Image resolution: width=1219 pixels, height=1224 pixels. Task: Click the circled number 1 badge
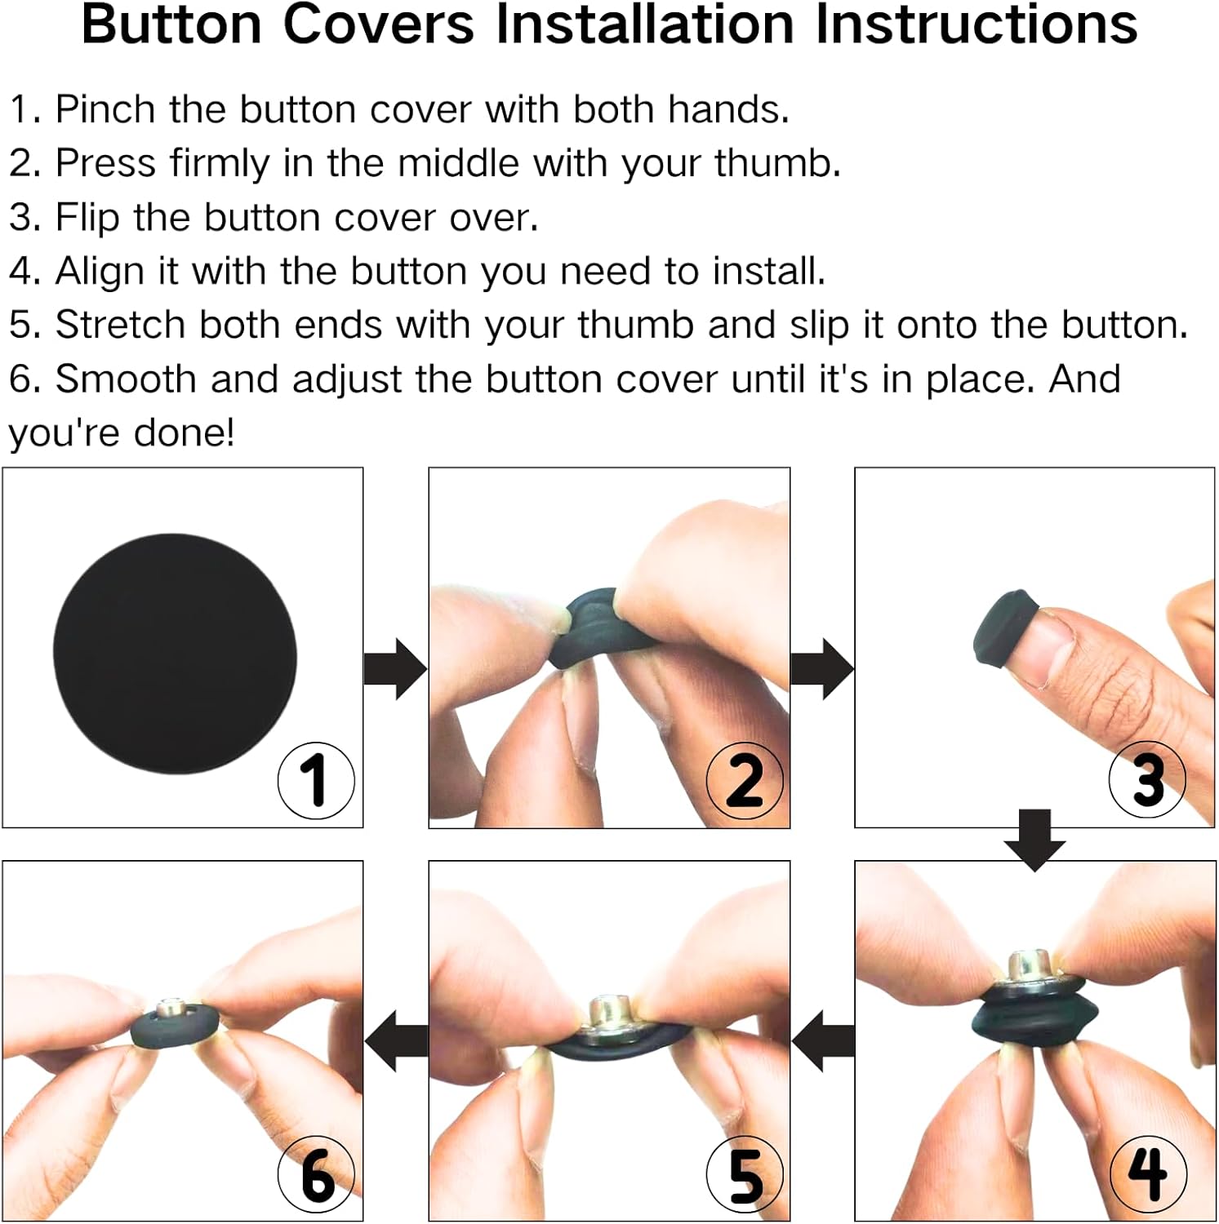(316, 780)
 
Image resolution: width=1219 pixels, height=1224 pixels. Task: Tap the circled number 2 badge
(745, 780)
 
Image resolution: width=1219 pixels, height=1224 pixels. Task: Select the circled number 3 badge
(1147, 779)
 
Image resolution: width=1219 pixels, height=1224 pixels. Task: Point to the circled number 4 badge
(1148, 1173)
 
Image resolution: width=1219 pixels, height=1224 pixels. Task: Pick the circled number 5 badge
(745, 1175)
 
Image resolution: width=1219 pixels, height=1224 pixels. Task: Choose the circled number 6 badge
(316, 1175)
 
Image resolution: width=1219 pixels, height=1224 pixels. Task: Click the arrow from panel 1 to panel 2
(395, 669)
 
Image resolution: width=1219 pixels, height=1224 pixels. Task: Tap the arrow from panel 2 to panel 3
(822, 669)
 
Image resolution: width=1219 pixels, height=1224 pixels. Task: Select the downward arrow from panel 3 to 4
(1034, 840)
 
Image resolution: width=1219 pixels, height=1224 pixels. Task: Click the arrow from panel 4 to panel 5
(823, 1041)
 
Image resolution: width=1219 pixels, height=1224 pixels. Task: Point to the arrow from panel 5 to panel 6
(396, 1041)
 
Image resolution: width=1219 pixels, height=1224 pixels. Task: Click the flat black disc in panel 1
(175, 654)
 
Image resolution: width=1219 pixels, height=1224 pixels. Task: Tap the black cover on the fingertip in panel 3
(1002, 628)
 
